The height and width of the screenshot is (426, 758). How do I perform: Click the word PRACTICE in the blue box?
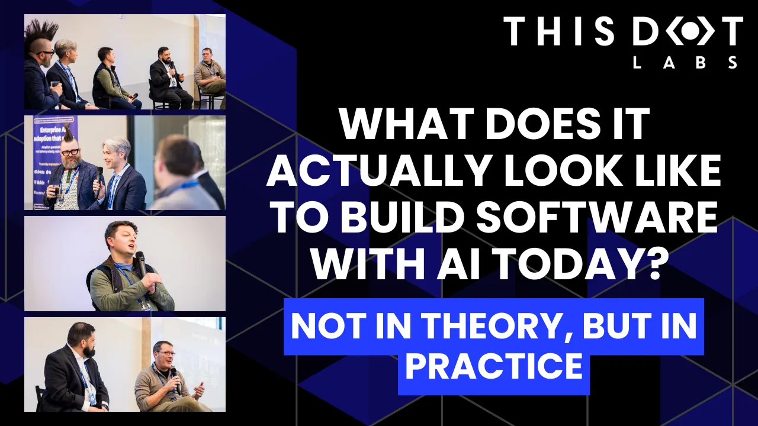tap(493, 366)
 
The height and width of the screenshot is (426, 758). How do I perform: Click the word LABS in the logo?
tap(685, 63)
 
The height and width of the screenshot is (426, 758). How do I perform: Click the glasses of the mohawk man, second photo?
tap(69, 152)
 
